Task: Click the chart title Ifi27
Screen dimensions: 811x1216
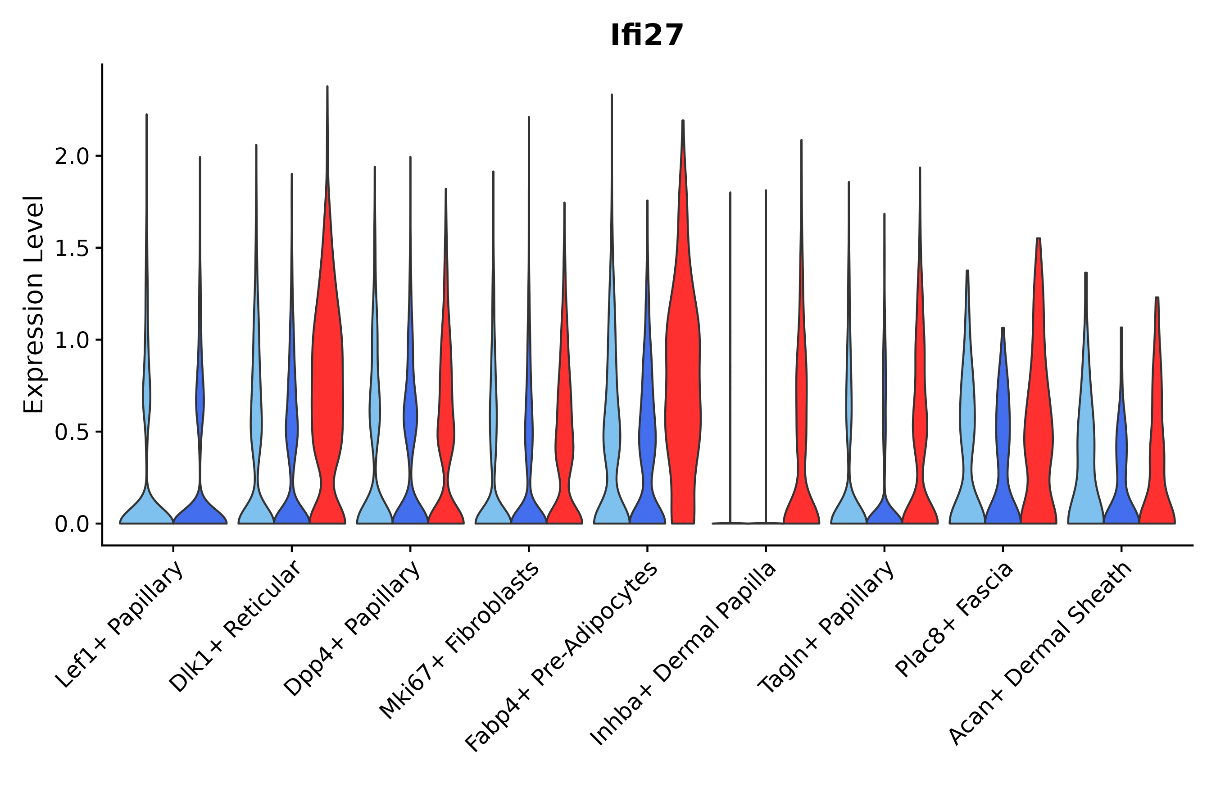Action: coord(646,36)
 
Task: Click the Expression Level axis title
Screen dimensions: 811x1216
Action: coord(34,304)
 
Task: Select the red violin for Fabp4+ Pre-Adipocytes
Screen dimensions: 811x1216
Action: coord(682,388)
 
